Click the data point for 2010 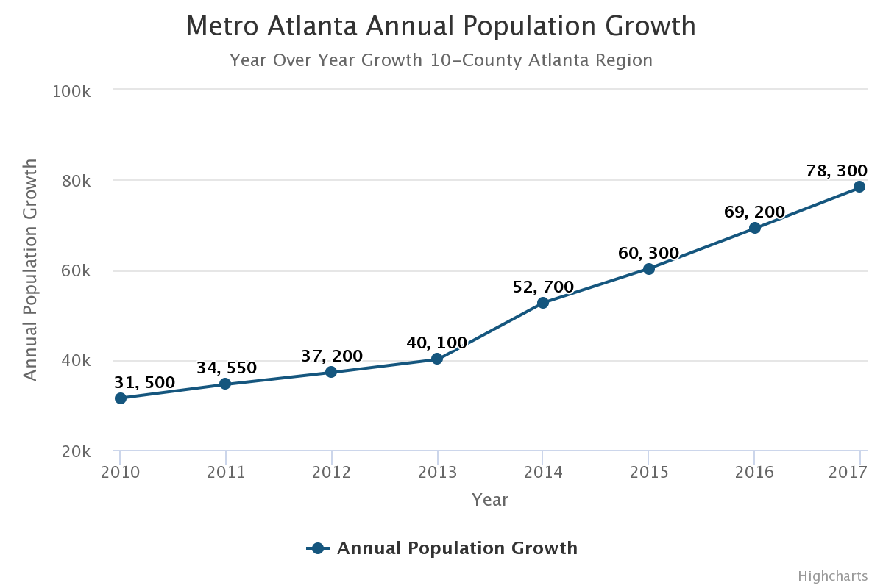(x=121, y=398)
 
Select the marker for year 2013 (x=437, y=359)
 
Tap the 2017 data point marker (x=859, y=187)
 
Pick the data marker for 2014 (x=543, y=303)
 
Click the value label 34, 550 (x=227, y=368)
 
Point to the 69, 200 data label (x=754, y=212)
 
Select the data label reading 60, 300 (x=648, y=254)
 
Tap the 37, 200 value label (x=332, y=356)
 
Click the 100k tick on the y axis (x=71, y=91)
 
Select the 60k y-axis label (x=75, y=271)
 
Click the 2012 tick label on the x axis (x=331, y=472)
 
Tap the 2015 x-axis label (x=648, y=472)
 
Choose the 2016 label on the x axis (x=754, y=472)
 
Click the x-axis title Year (x=490, y=500)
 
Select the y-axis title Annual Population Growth (x=30, y=270)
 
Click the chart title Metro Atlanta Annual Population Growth (x=441, y=26)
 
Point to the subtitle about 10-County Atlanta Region (x=441, y=60)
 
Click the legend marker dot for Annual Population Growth (x=318, y=548)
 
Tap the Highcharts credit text (x=832, y=576)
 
